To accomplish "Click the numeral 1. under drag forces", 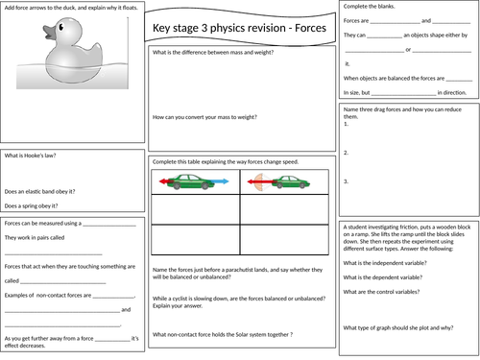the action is [346, 124].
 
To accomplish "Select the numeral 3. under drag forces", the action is [346, 180].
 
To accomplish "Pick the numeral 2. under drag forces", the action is [346, 152].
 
